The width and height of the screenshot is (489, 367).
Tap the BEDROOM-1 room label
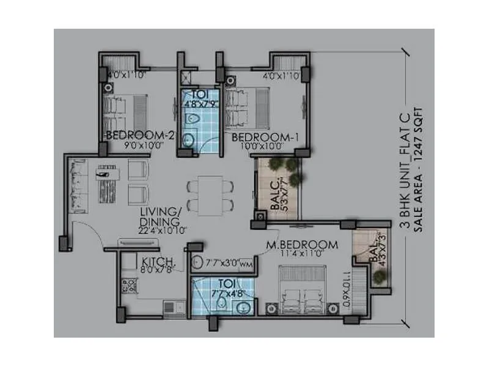[x=265, y=136]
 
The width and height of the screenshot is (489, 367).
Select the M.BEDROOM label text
[x=303, y=245]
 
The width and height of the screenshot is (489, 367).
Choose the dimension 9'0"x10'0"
[x=139, y=146]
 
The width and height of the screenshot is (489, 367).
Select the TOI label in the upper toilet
[x=197, y=95]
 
